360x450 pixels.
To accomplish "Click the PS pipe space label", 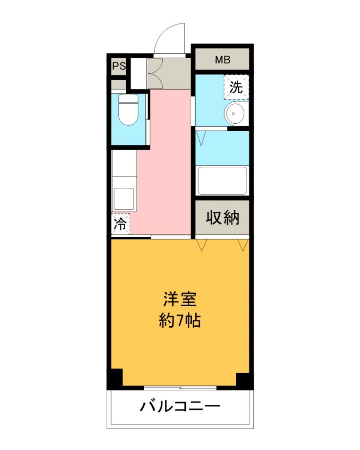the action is (119, 66).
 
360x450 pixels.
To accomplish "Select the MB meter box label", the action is (223, 60).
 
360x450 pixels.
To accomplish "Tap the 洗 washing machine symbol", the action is (236, 87).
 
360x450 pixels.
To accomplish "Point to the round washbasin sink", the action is (234, 113).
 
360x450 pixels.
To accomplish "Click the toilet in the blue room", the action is (128, 110).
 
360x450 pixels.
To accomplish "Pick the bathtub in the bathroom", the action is (222, 180).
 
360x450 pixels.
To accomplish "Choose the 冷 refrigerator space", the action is (121, 224).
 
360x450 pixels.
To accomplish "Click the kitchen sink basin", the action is (124, 199).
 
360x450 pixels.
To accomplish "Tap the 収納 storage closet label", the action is (223, 218).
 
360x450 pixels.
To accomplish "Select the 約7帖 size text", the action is (180, 320).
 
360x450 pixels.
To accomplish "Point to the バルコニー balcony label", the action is (180, 406).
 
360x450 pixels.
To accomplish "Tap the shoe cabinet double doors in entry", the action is (156, 73).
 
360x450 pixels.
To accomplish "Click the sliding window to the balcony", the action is (180, 388).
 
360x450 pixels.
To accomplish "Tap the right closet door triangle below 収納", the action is (243, 245).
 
